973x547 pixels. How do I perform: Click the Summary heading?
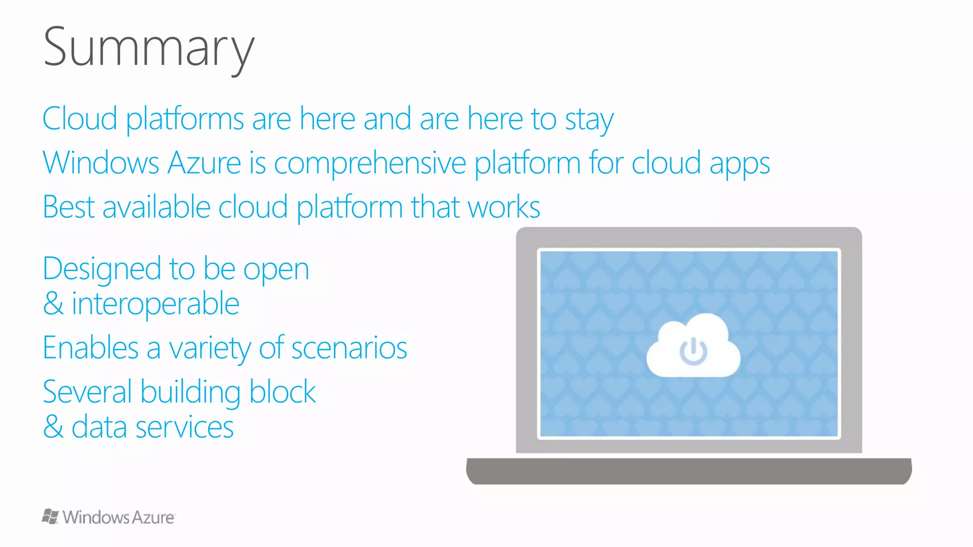tap(149, 48)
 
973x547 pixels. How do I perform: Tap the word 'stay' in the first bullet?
tap(589, 119)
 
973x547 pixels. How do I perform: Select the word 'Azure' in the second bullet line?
tap(204, 163)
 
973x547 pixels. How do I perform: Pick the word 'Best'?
tap(68, 207)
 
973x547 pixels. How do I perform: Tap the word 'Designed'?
tap(102, 270)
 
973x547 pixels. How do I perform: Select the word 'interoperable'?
tap(155, 304)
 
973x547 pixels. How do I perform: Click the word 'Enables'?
tap(90, 348)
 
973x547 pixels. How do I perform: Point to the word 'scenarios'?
tap(349, 348)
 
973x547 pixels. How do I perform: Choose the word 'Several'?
tap(87, 392)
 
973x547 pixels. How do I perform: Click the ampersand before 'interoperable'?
tap(53, 304)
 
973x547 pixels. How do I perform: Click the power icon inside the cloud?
tap(694, 351)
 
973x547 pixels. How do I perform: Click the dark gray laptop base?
tap(689, 471)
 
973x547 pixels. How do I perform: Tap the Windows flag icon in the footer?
tap(50, 516)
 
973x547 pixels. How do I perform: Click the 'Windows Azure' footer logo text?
tap(118, 517)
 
